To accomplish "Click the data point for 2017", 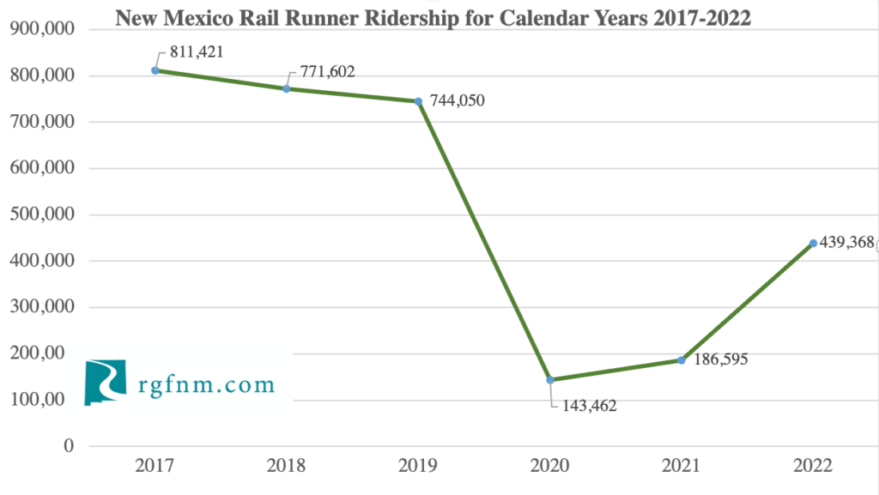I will pos(155,70).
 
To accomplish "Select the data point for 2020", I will pos(550,380).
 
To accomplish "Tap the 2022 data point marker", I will pos(813,244).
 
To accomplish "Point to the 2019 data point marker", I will pos(418,101).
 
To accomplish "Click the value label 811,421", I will pos(196,51).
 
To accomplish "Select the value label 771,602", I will pos(327,72).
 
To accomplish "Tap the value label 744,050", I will pos(457,101).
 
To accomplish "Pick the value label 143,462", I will pos(589,406).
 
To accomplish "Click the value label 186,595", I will pos(719,359).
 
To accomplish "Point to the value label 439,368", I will pos(846,244).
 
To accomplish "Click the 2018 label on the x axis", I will pos(287,467).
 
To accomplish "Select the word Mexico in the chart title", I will pos(199,18).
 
